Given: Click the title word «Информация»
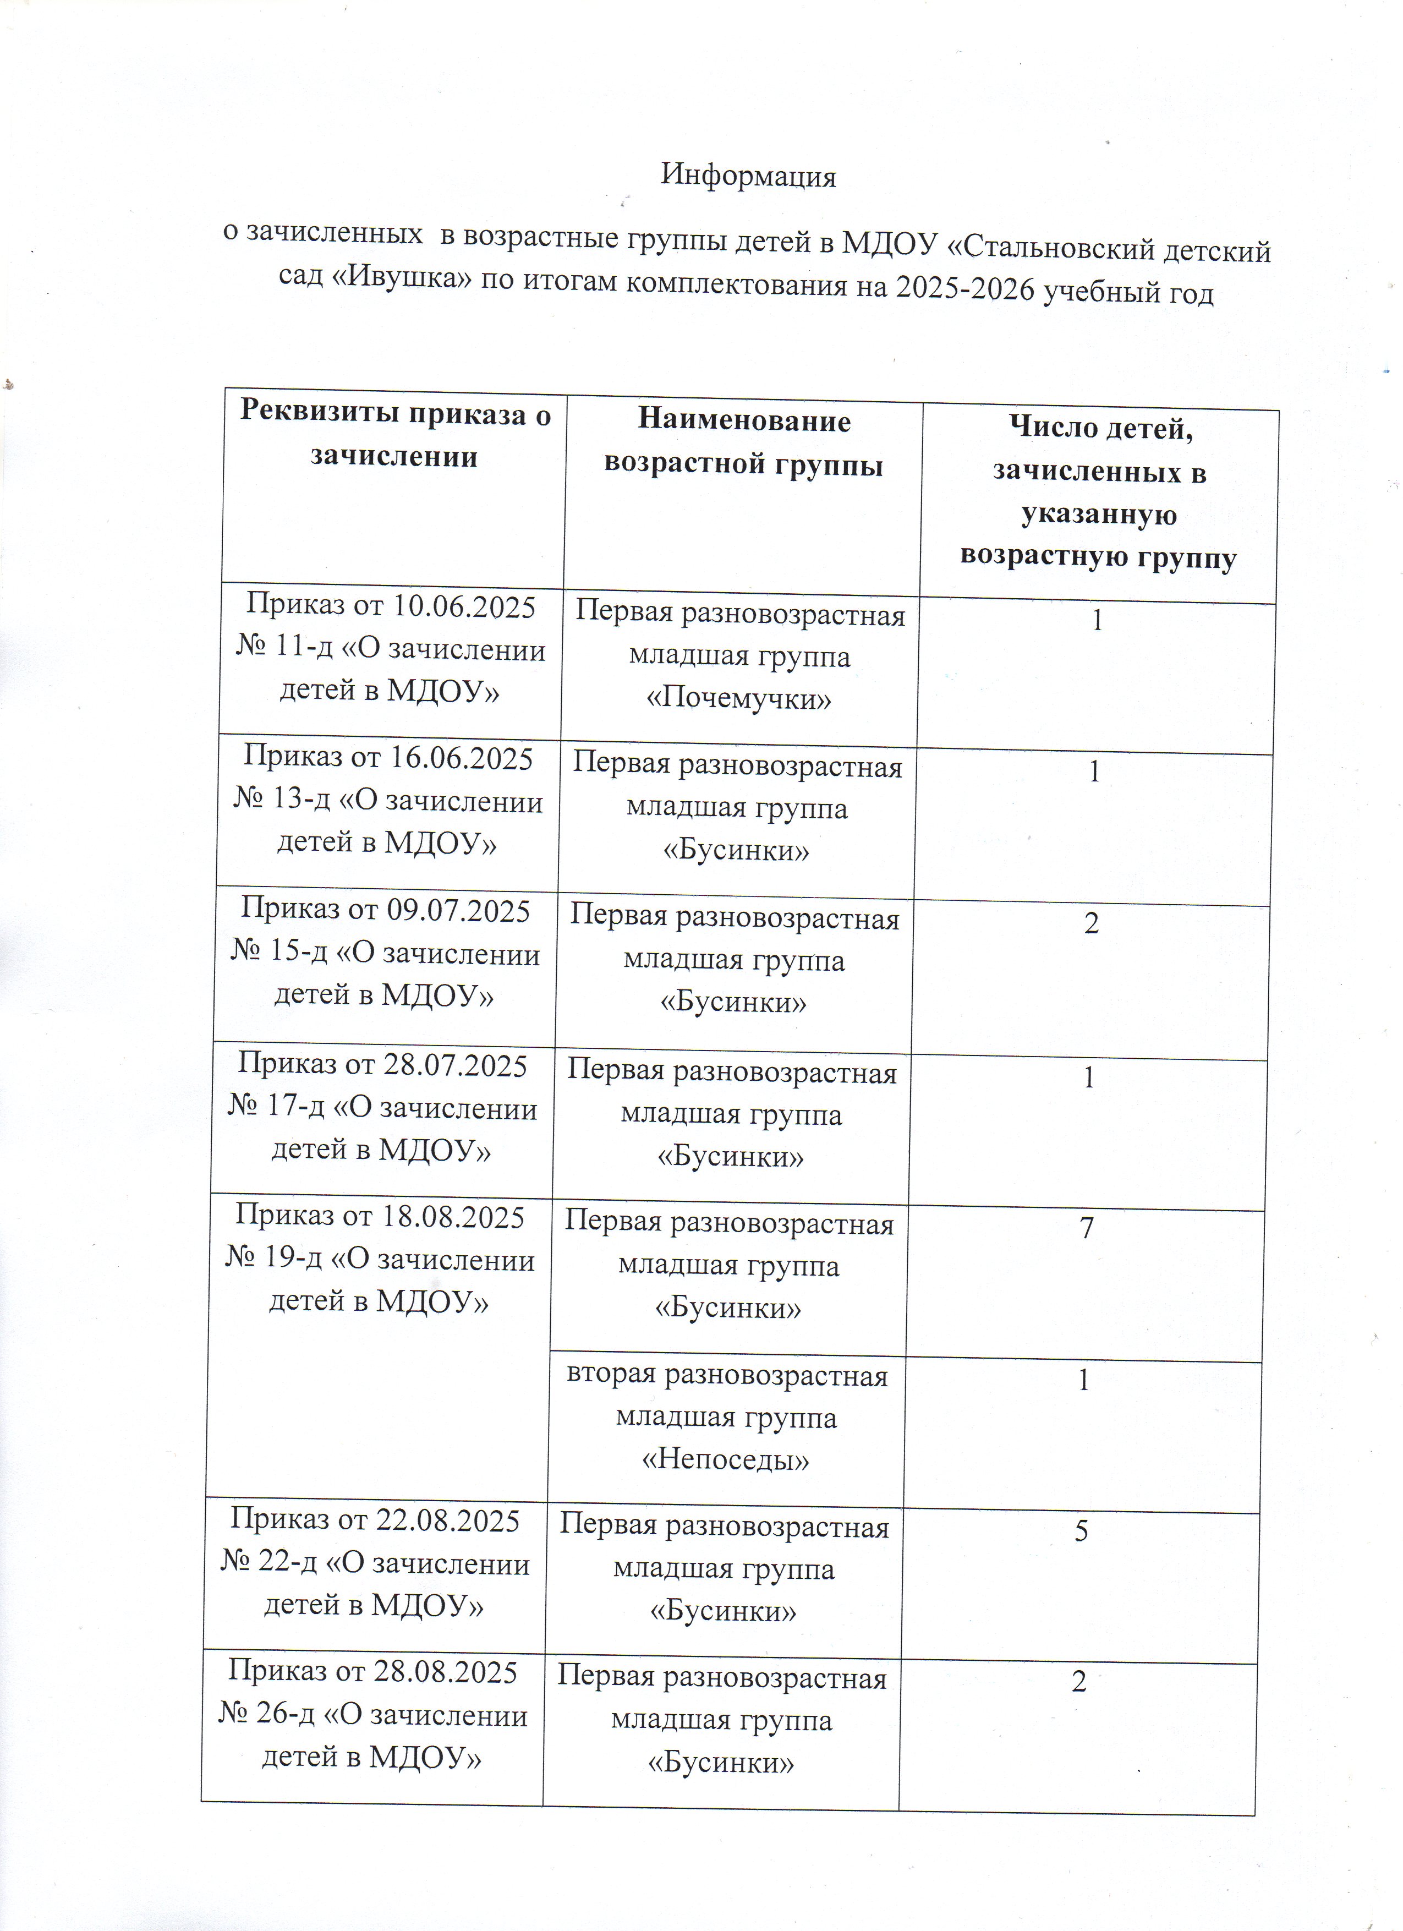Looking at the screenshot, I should pyautogui.click(x=748, y=176).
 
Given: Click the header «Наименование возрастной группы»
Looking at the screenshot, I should pyautogui.click(x=743, y=444).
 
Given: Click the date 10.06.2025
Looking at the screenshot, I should pyautogui.click(x=464, y=606).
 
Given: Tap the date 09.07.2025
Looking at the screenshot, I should pyautogui.click(x=459, y=910).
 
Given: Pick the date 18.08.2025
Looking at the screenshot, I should pyautogui.click(x=452, y=1217).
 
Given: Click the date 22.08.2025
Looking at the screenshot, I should pyautogui.click(x=448, y=1520).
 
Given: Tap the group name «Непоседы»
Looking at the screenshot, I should pyautogui.click(x=725, y=1460).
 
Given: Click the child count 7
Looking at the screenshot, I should pyautogui.click(x=1087, y=1228).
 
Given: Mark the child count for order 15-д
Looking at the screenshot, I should pyautogui.click(x=1092, y=923).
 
